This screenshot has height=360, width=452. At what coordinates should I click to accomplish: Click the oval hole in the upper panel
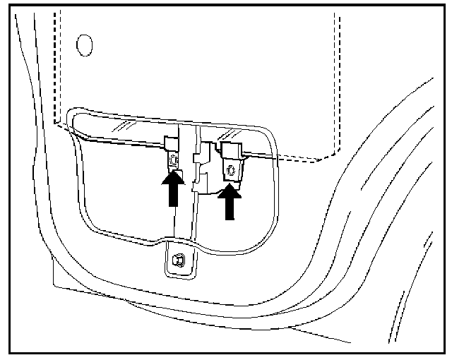coord(84,44)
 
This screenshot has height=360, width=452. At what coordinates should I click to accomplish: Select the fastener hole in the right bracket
coord(230,169)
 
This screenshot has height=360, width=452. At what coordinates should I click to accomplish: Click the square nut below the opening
coord(178,259)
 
